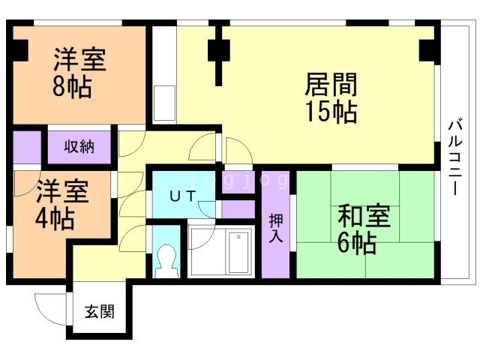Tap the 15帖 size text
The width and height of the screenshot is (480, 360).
[330, 112]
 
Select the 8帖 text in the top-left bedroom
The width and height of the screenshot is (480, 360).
[72, 87]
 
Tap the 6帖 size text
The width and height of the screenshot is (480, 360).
[356, 243]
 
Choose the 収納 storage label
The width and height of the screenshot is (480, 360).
[78, 146]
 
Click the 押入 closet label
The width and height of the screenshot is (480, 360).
[275, 227]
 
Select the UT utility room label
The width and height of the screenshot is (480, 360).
[182, 196]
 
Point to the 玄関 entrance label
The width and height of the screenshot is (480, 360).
[98, 311]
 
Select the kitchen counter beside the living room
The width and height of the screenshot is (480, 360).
[164, 100]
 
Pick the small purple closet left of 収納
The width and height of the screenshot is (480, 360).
[28, 147]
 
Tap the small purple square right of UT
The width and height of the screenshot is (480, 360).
[238, 209]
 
